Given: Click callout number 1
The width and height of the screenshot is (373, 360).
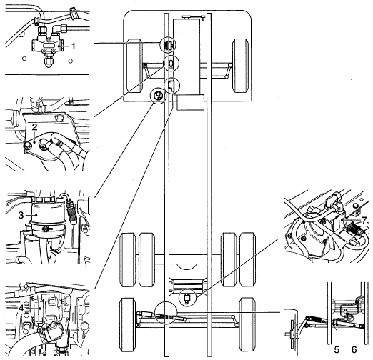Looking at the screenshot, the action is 74,46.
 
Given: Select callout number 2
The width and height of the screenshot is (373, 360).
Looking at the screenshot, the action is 35,127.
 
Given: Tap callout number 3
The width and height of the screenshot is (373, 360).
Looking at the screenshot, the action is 21,215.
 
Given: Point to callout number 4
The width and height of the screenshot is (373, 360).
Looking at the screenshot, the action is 21,309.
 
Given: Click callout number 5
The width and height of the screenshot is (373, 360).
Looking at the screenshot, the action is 337,350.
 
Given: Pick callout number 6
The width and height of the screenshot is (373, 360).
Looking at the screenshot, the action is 354,350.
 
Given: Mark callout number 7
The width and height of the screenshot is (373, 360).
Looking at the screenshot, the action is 364,220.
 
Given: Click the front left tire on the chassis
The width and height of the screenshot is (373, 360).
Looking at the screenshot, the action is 134,66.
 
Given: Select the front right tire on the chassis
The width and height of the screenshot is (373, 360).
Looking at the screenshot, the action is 241,66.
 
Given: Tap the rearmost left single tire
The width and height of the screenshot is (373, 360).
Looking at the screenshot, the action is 128,322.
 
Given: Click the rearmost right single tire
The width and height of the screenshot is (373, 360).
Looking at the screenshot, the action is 247,322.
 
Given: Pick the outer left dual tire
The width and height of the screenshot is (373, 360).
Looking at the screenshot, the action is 128,260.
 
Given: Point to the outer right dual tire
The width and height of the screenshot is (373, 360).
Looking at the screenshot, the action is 247,260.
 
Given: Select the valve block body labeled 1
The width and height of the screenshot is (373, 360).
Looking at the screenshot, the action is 48,45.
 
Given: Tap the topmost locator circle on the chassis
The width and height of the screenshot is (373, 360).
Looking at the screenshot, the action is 168,44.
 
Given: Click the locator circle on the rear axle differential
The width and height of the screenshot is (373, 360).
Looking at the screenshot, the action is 188,298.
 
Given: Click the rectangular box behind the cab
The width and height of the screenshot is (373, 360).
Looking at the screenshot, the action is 190,102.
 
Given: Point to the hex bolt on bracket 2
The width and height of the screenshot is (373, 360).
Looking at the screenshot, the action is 58,117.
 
